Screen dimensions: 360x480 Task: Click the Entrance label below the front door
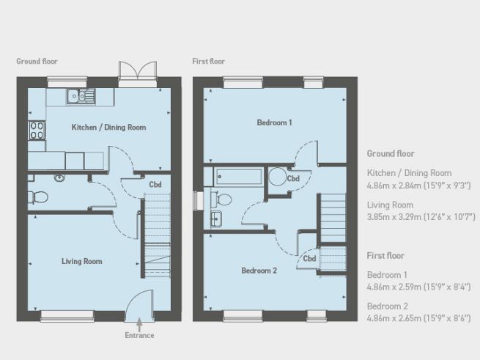[x=139, y=336]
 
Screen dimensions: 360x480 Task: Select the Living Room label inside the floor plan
[x=81, y=261]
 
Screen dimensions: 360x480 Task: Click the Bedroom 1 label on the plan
[x=275, y=122]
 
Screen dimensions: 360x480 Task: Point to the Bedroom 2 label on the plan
[x=259, y=271]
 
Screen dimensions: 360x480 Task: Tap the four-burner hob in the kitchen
[x=37, y=130]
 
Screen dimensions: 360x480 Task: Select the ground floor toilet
[x=39, y=196]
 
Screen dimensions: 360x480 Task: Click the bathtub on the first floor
[x=238, y=177]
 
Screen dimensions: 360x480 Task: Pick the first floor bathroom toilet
[x=222, y=198]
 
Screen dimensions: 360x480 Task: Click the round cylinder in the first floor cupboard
[x=278, y=177]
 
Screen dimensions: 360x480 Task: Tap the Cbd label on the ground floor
[x=155, y=185]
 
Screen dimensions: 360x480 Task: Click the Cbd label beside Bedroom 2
[x=309, y=258]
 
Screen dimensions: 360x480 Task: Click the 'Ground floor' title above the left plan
[x=37, y=62]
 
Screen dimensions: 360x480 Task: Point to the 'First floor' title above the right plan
[x=208, y=62]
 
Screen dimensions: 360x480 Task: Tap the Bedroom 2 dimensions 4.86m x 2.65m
[x=418, y=319]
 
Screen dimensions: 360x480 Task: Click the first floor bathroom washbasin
[x=217, y=218]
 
